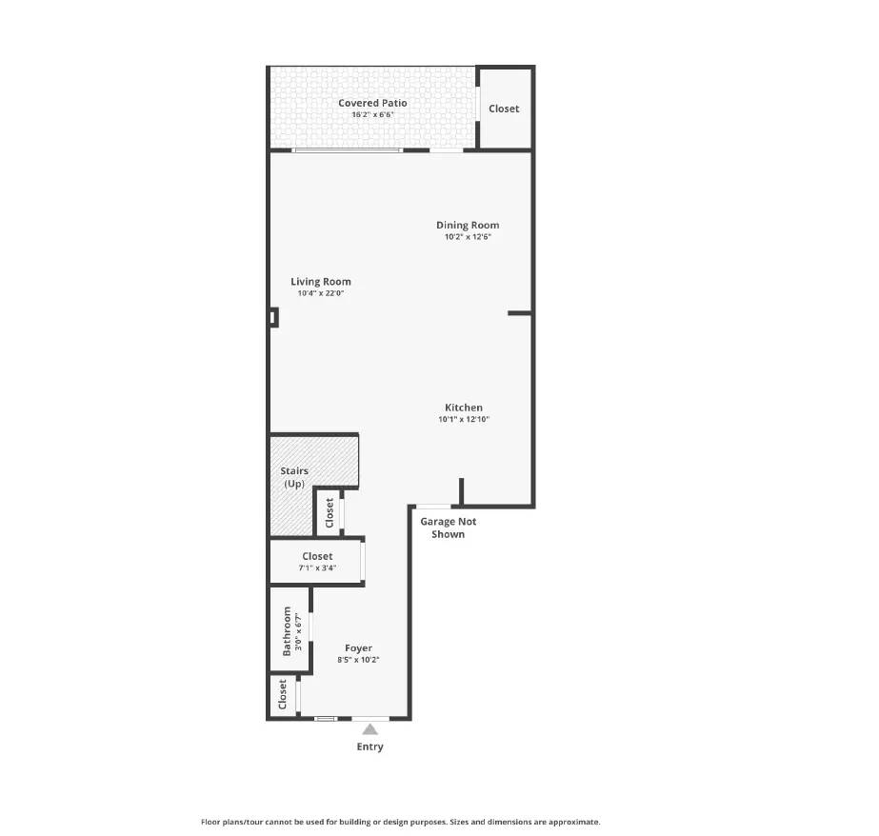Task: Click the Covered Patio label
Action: click(372, 103)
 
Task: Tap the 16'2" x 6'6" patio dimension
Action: click(372, 115)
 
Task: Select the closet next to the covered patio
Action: click(504, 109)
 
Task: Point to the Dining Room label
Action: click(468, 226)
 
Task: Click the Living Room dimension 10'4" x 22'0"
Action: click(320, 294)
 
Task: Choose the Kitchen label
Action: click(463, 408)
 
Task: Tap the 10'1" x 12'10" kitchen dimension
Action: click(463, 420)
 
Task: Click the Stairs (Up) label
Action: click(293, 477)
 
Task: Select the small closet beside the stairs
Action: click(330, 512)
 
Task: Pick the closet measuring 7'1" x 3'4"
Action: click(317, 562)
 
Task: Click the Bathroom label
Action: click(286, 631)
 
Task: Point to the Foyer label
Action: click(358, 648)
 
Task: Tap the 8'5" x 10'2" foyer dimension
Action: click(358, 661)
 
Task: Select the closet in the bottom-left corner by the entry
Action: click(283, 694)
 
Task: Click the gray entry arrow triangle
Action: click(370, 729)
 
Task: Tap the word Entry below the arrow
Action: click(370, 747)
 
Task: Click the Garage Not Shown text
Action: click(448, 527)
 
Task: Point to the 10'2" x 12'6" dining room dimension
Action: click(468, 237)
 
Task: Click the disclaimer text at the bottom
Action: click(400, 822)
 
